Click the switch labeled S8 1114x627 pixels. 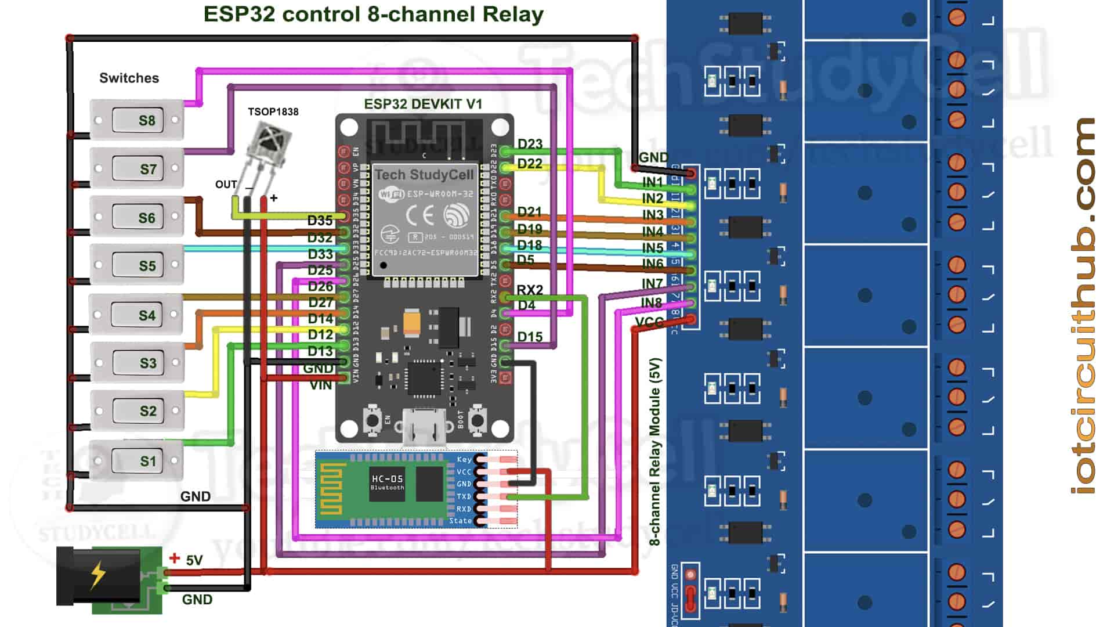137,120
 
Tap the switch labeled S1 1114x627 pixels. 137,461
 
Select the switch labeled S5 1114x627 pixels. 137,265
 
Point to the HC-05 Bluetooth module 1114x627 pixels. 400,490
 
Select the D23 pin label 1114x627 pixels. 530,143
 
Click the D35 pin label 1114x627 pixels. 320,221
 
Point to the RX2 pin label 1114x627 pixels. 530,290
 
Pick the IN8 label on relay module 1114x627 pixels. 652,303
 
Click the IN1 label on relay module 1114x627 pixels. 652,182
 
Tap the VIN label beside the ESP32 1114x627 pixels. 321,385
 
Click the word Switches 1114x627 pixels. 129,78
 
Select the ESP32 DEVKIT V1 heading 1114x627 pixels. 423,104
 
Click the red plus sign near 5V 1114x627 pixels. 174,558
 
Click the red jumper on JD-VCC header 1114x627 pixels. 690,600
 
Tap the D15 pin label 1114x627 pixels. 530,337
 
